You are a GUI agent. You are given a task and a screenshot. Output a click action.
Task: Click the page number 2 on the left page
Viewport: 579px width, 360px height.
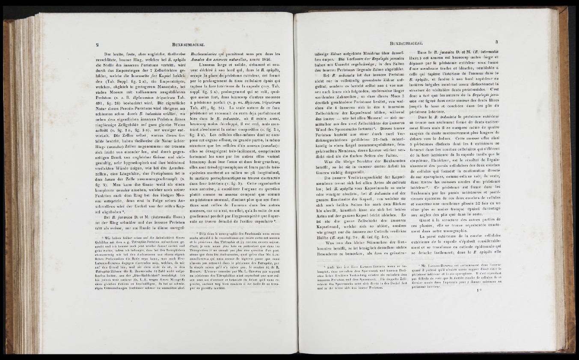[98, 42]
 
